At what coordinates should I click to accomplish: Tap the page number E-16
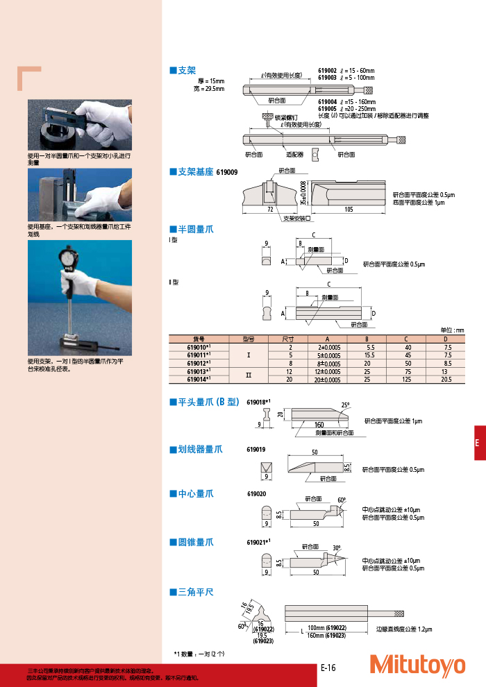328,668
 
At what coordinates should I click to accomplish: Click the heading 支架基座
191,171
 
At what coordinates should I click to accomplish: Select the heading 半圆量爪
191,228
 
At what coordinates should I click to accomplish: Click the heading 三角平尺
191,592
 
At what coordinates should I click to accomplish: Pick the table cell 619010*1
199,346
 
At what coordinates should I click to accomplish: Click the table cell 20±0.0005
328,380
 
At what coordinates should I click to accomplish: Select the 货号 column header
199,339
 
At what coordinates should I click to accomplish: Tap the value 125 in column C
408,380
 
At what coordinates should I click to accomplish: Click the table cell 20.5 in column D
447,380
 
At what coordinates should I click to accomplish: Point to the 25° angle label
346,404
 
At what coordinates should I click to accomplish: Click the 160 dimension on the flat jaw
319,424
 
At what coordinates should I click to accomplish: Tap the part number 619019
256,450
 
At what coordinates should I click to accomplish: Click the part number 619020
256,494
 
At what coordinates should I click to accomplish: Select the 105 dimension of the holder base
348,208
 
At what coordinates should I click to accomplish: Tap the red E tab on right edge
480,443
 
